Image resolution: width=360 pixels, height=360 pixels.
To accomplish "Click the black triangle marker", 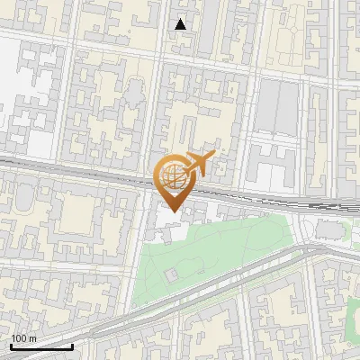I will point(181,24).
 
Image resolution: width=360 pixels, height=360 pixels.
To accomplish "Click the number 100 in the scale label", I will point(18,338).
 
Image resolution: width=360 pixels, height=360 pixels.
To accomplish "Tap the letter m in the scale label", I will point(32,338).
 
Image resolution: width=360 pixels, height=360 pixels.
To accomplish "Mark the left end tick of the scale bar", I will point(11,346).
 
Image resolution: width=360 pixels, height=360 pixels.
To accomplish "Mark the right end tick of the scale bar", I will point(72,346).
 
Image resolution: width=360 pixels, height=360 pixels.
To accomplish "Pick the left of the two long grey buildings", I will point(269,106).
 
